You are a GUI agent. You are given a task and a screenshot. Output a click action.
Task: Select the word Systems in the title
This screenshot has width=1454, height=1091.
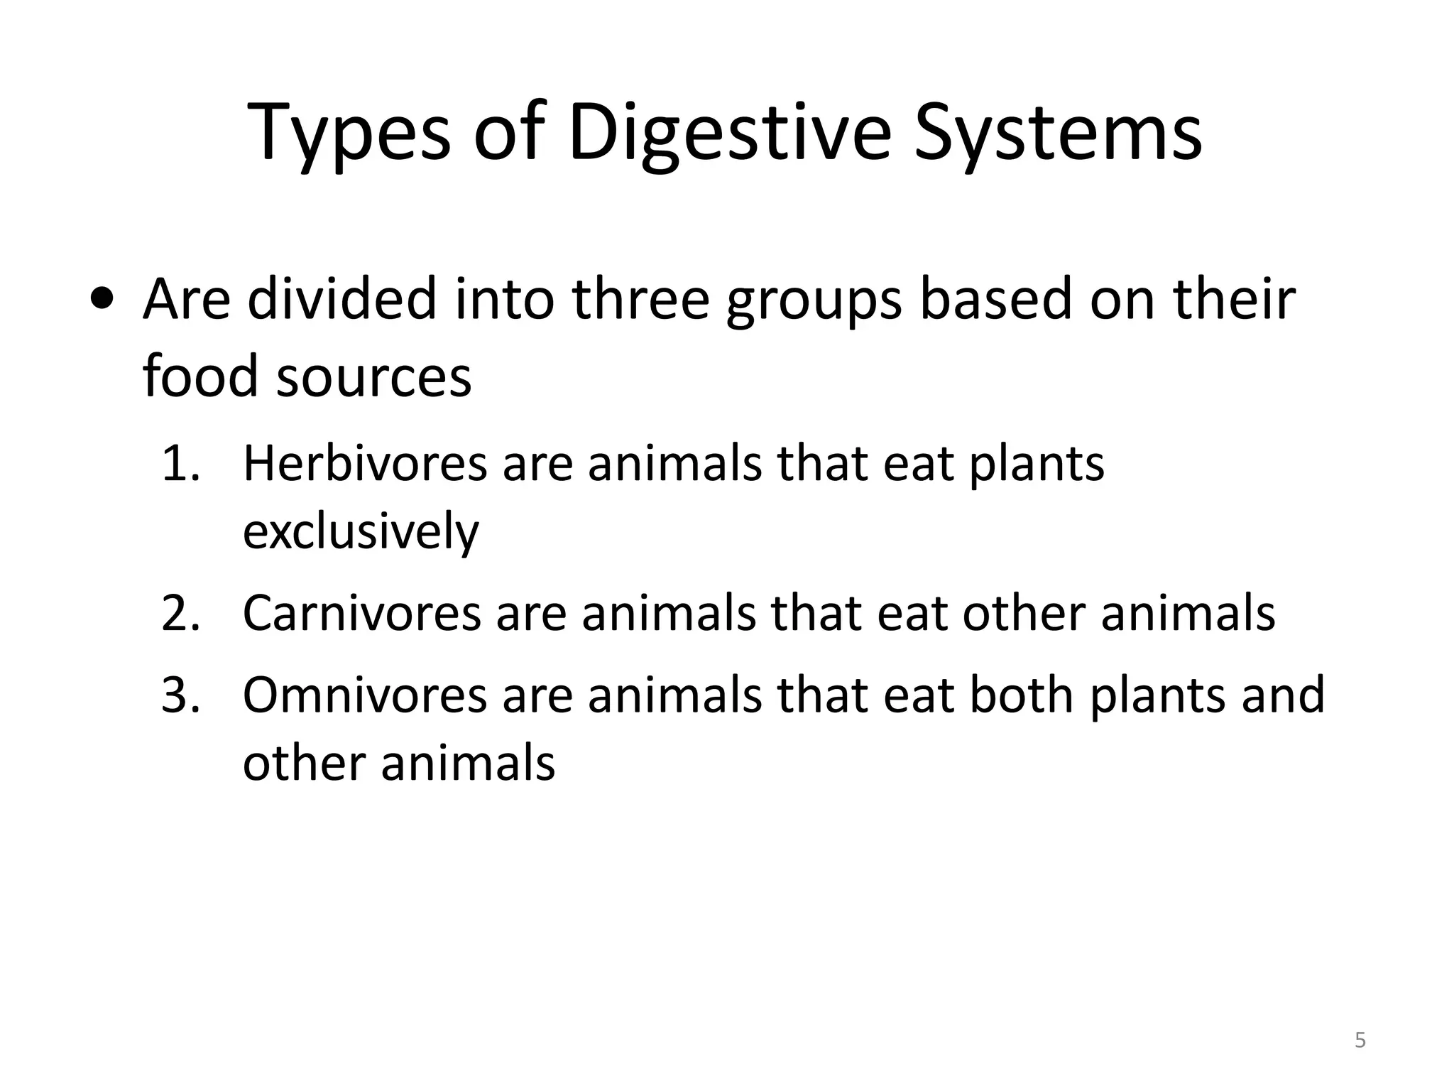tap(1058, 134)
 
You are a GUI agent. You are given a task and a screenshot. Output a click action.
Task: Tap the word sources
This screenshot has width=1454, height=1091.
tap(373, 376)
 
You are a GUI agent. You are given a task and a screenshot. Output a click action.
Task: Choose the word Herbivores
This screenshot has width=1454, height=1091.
tap(365, 464)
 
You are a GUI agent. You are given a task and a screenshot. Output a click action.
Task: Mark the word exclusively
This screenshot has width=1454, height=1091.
tap(361, 531)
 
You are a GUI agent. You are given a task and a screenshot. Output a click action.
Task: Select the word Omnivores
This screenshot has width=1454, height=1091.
tap(365, 695)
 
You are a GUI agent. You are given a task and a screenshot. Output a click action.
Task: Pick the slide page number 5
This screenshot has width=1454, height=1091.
tap(1360, 1041)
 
